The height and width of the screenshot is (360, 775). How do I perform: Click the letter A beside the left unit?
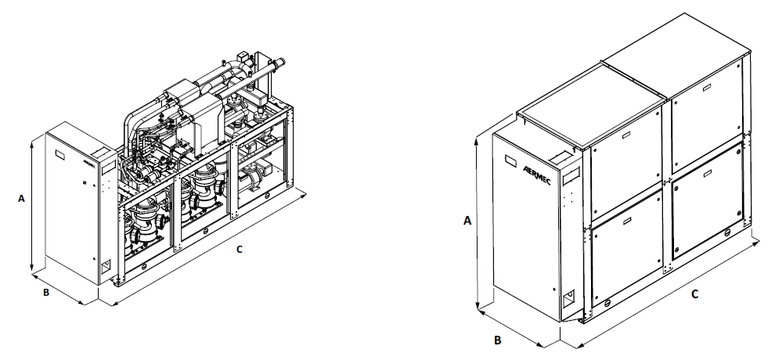pyautogui.click(x=21, y=199)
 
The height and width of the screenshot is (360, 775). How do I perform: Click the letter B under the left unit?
pyautogui.click(x=46, y=293)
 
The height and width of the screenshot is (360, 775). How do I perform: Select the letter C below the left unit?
pyautogui.click(x=240, y=250)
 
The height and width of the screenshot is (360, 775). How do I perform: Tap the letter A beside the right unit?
pyautogui.click(x=467, y=221)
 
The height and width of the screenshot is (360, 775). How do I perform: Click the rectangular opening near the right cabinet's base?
pyautogui.click(x=568, y=298)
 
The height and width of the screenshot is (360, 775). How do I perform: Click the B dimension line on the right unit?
pyautogui.click(x=517, y=326)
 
